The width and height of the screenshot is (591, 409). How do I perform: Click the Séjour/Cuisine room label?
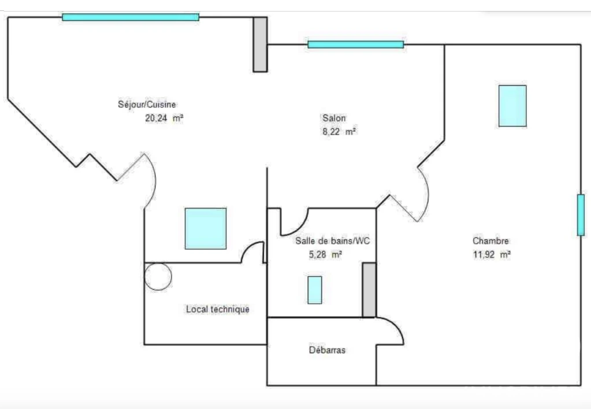pyautogui.click(x=147, y=105)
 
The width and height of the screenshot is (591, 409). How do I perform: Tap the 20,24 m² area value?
pyautogui.click(x=164, y=118)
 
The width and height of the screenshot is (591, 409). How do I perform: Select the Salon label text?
pyautogui.click(x=334, y=118)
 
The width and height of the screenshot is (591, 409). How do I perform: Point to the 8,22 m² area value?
pyautogui.click(x=340, y=132)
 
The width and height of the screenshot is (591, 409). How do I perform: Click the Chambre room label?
pyautogui.click(x=490, y=241)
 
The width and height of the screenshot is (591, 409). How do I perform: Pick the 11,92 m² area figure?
pyautogui.click(x=492, y=254)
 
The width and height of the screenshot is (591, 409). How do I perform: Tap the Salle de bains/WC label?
pyautogui.click(x=333, y=241)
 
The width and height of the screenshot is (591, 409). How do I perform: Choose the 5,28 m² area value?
pyautogui.click(x=325, y=254)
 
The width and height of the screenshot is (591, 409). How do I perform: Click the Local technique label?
pyautogui.click(x=218, y=309)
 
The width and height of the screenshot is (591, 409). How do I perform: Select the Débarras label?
pyautogui.click(x=327, y=350)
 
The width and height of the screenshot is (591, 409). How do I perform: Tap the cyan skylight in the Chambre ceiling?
pyautogui.click(x=512, y=106)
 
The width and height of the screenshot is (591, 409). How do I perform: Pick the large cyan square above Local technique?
pyautogui.click(x=206, y=229)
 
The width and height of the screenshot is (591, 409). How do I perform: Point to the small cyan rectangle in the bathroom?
pyautogui.click(x=315, y=290)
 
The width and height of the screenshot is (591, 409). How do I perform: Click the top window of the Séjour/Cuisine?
pyautogui.click(x=131, y=17)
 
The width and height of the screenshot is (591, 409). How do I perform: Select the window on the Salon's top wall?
pyautogui.click(x=356, y=44)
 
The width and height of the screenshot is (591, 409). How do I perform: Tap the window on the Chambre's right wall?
pyautogui.click(x=581, y=215)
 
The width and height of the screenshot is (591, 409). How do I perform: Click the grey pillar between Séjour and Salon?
pyautogui.click(x=260, y=44)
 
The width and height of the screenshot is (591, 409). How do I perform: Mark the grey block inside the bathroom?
pyautogui.click(x=369, y=290)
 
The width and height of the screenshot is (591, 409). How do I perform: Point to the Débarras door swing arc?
pyautogui.click(x=396, y=325)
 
